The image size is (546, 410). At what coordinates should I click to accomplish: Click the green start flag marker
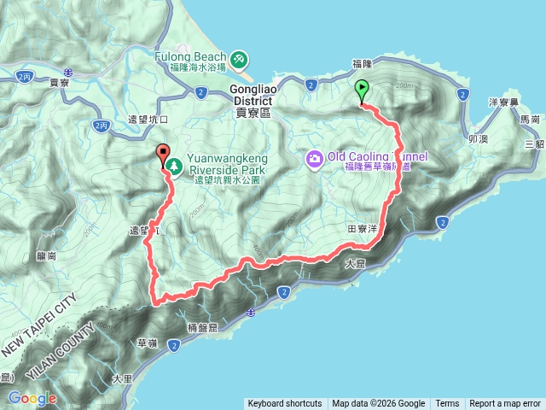point(362,89)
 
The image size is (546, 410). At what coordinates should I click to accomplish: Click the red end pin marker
point(163,154)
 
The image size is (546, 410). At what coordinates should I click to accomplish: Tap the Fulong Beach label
point(190,56)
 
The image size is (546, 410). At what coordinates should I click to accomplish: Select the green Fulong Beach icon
point(241,58)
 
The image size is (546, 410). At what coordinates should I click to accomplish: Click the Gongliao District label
point(251,95)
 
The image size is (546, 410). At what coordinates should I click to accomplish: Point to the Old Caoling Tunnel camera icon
point(315,158)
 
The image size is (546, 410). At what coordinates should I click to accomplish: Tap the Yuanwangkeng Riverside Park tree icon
point(174,163)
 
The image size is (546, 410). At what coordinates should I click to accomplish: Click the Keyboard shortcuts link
point(284,404)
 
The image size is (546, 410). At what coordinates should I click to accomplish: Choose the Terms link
point(447,404)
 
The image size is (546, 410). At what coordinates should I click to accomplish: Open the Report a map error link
point(505,404)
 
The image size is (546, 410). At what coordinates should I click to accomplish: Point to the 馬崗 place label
point(530,121)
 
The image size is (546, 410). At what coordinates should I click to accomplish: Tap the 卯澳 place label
point(479,138)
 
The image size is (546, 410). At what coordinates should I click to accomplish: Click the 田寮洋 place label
point(363,229)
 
